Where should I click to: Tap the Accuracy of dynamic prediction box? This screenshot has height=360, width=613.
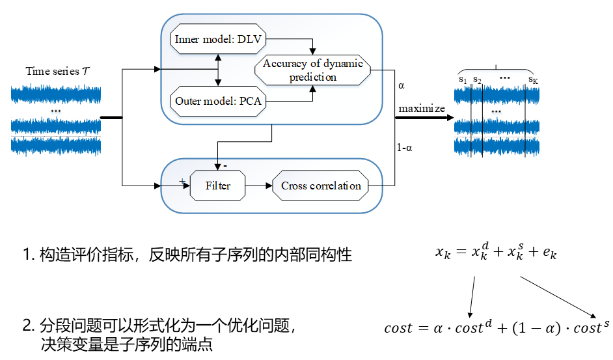click(x=313, y=70)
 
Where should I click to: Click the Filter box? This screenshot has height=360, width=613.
click(x=218, y=186)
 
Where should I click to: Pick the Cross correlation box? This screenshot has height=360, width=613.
click(x=321, y=186)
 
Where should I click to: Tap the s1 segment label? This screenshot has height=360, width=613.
click(x=463, y=79)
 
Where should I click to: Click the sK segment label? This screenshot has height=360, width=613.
click(x=533, y=79)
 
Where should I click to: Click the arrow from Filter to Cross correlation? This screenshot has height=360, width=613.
click(x=259, y=186)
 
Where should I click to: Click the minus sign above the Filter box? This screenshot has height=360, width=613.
click(x=224, y=165)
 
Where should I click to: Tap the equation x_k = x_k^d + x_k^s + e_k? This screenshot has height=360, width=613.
click(x=496, y=254)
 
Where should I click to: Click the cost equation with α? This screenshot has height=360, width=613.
click(x=497, y=327)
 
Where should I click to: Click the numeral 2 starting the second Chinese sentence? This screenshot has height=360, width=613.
click(x=27, y=325)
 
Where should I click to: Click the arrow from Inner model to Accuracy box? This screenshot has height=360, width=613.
click(x=313, y=46)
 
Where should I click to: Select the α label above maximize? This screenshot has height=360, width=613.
click(x=401, y=85)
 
